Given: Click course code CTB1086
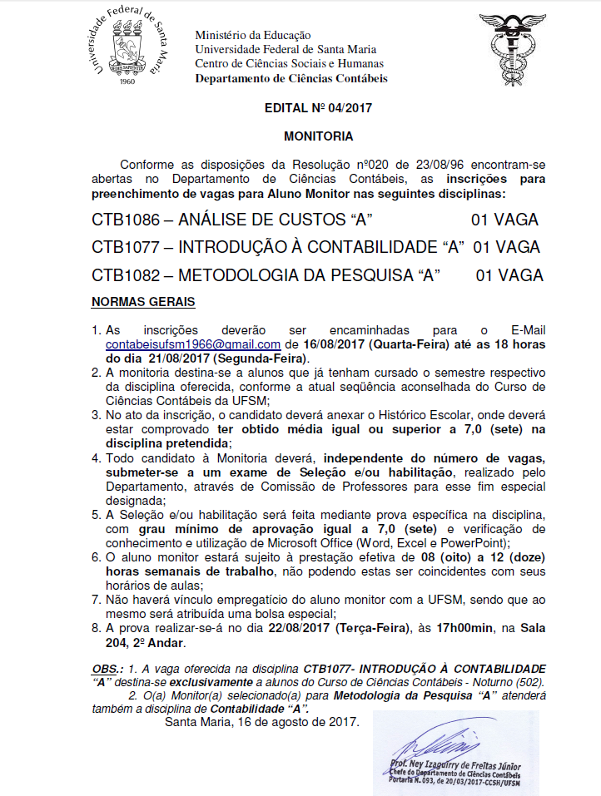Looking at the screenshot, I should click(124, 220).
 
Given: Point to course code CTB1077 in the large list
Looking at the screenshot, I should click(124, 247).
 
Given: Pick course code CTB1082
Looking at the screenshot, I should click(124, 274).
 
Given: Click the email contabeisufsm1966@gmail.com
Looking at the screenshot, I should click(192, 344).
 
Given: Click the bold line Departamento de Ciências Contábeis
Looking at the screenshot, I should click(291, 79).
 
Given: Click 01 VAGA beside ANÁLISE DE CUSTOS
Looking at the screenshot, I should click(504, 220).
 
